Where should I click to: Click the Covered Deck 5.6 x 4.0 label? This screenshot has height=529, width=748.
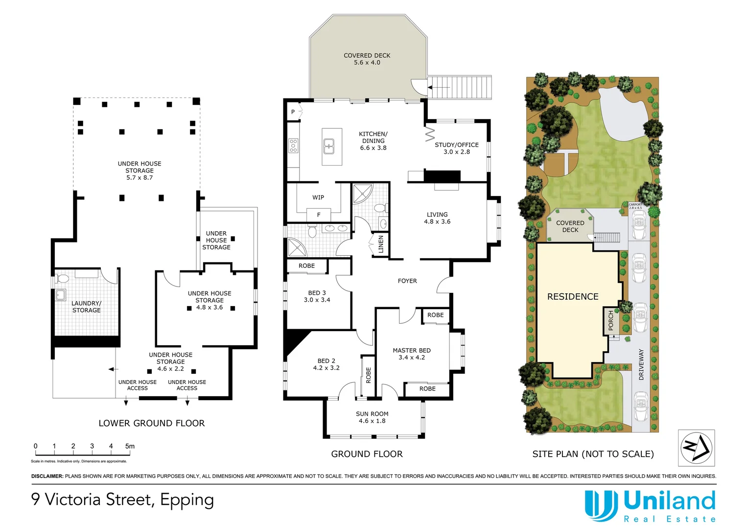367,59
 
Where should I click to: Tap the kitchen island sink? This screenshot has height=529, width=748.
328,146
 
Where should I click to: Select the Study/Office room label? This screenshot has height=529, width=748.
456,148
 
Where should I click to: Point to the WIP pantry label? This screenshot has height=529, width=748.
318,197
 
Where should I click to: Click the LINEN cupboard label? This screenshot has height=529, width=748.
381,244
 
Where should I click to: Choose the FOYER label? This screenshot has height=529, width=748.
407,281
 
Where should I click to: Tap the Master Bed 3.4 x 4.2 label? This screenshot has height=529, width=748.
412,354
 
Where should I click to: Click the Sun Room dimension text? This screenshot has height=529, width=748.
372,421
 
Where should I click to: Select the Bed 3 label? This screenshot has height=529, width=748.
317,296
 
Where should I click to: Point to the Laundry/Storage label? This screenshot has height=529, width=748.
86,307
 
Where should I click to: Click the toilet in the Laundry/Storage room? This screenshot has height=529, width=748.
63,279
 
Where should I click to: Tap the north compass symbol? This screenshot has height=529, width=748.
696,448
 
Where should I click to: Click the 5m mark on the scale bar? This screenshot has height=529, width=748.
129,446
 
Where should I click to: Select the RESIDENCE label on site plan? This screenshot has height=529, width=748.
573,296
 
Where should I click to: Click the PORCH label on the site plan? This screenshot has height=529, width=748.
611,320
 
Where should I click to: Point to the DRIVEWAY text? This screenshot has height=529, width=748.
641,364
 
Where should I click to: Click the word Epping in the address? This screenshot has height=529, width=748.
187,500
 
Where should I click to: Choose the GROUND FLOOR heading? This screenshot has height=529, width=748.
367,454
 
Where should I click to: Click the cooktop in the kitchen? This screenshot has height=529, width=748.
293,145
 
